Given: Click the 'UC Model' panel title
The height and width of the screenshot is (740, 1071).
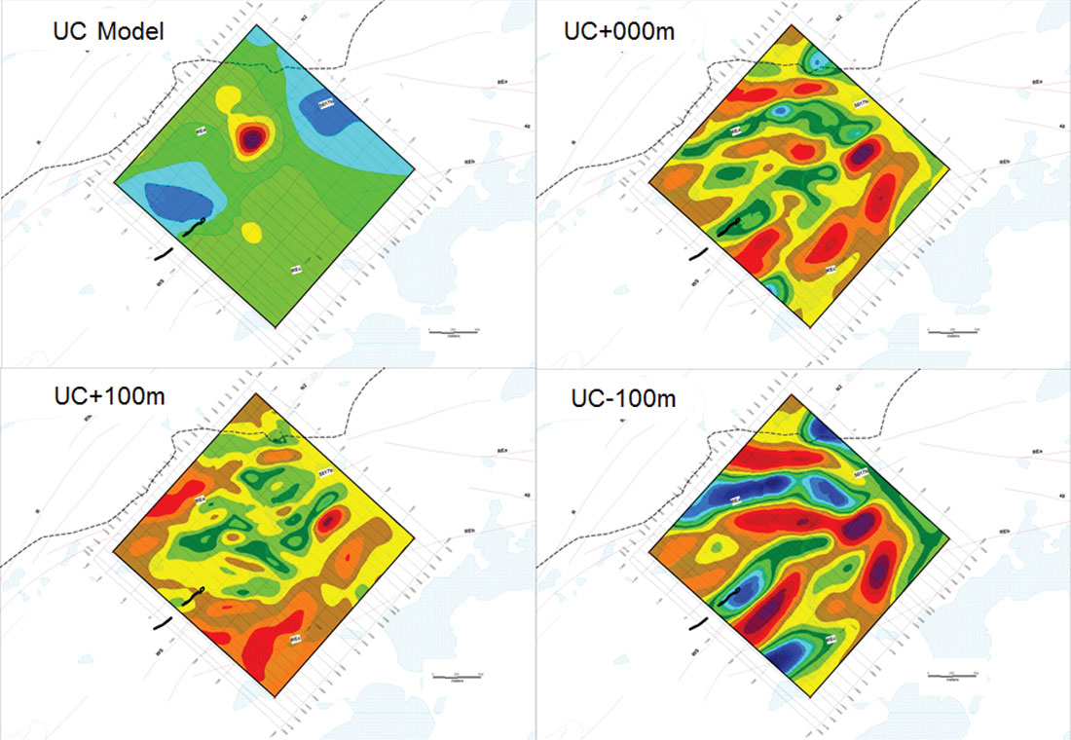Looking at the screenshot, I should pyautogui.click(x=108, y=32).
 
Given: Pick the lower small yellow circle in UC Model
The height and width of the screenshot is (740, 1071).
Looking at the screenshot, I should pyautogui.click(x=250, y=232).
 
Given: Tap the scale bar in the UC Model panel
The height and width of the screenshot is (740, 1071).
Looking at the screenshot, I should pyautogui.click(x=457, y=332).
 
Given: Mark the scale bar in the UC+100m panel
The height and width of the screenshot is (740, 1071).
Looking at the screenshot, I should pyautogui.click(x=457, y=675).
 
